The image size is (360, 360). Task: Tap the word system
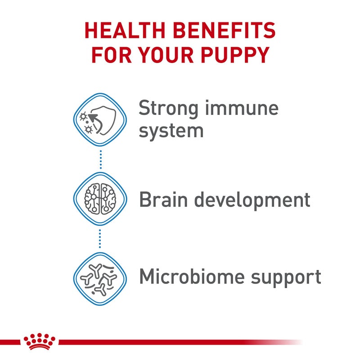pyautogui.click(x=171, y=131)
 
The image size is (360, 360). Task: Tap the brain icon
pyautogui.click(x=100, y=198)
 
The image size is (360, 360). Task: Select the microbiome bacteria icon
pyautogui.click(x=100, y=276)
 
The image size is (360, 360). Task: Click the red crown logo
pyautogui.click(x=40, y=342)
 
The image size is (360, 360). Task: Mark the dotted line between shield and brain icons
pyautogui.click(x=100, y=159)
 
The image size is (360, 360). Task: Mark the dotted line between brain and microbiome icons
pyautogui.click(x=100, y=237)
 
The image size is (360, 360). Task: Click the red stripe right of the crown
pyautogui.click(x=180, y=342)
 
